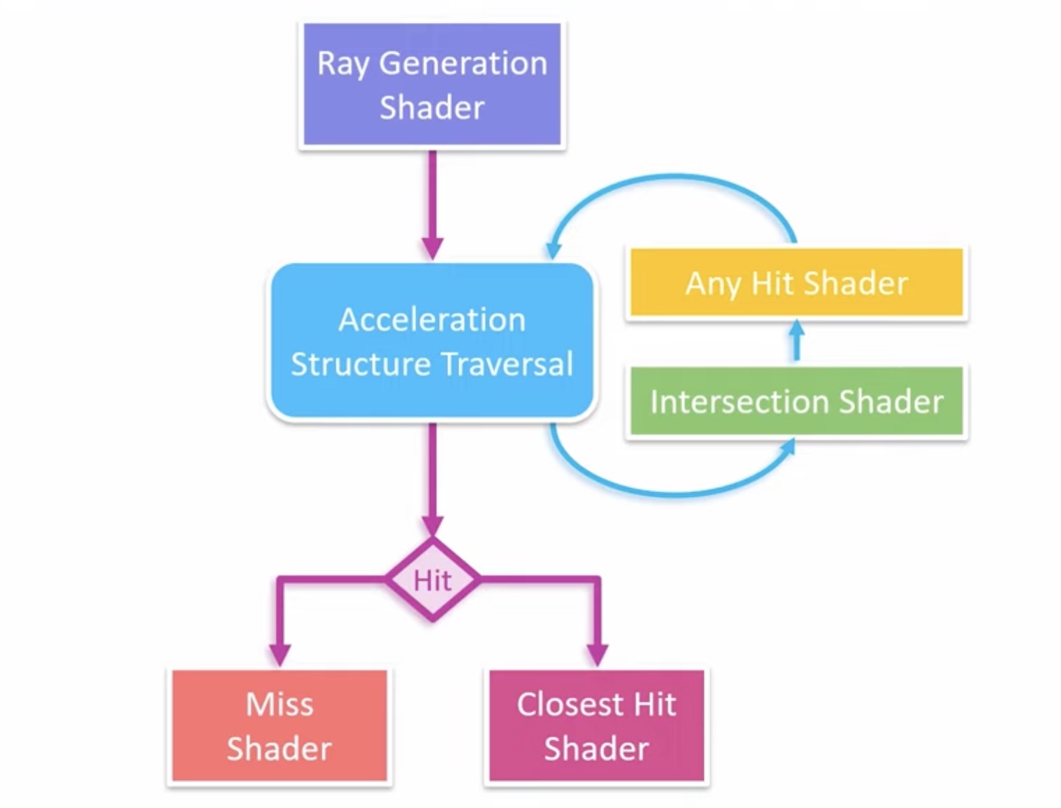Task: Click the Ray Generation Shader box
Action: click(x=432, y=85)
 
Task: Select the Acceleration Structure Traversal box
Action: click(x=432, y=341)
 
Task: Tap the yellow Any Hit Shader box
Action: click(x=796, y=283)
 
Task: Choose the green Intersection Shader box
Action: click(x=796, y=402)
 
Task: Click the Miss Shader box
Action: click(x=279, y=726)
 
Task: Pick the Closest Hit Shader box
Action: click(x=596, y=726)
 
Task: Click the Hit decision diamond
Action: click(x=433, y=580)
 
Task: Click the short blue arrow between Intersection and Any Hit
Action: click(x=796, y=341)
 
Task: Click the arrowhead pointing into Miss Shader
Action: click(x=280, y=654)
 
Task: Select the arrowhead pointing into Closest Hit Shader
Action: click(x=598, y=654)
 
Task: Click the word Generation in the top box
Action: click(x=463, y=64)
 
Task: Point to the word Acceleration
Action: click(x=432, y=320)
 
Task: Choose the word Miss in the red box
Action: click(x=279, y=704)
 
